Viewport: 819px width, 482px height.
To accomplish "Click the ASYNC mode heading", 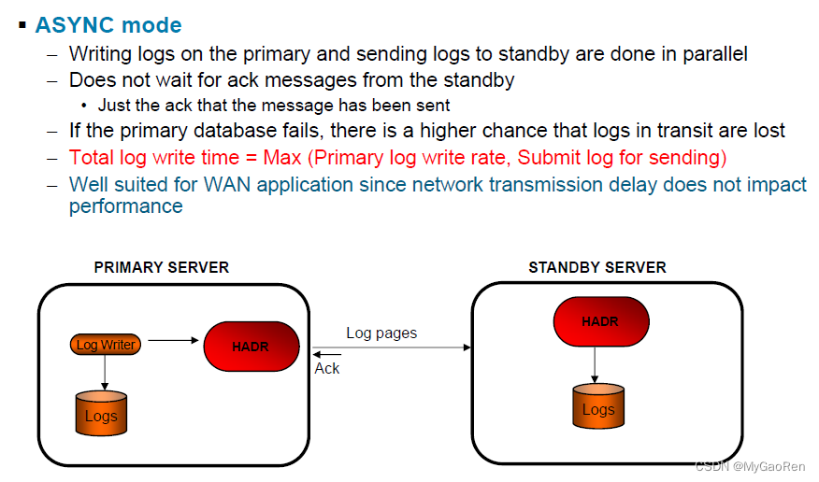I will pyautogui.click(x=108, y=25).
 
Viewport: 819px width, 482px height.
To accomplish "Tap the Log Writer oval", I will pyautogui.click(x=106, y=345).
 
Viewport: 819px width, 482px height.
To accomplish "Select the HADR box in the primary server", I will pyautogui.click(x=251, y=347).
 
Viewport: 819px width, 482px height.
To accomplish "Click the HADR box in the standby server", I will pyautogui.click(x=600, y=321).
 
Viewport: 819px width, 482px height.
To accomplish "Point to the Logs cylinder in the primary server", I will pyautogui.click(x=101, y=414).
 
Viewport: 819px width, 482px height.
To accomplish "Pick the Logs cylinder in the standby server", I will pyautogui.click(x=598, y=407).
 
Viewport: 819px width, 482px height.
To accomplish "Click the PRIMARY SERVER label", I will pyautogui.click(x=162, y=267).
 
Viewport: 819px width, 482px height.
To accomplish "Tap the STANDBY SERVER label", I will pyautogui.click(x=597, y=267).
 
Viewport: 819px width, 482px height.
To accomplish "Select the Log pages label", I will pyautogui.click(x=381, y=333).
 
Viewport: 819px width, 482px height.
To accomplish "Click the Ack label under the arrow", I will pyautogui.click(x=327, y=369).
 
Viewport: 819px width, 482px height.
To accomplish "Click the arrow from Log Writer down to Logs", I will pyautogui.click(x=105, y=373).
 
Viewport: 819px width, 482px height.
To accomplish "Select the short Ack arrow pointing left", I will pyautogui.click(x=327, y=354).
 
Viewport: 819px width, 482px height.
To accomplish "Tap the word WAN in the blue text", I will pyautogui.click(x=227, y=184).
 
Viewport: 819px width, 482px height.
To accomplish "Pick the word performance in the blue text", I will pyautogui.click(x=125, y=206).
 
